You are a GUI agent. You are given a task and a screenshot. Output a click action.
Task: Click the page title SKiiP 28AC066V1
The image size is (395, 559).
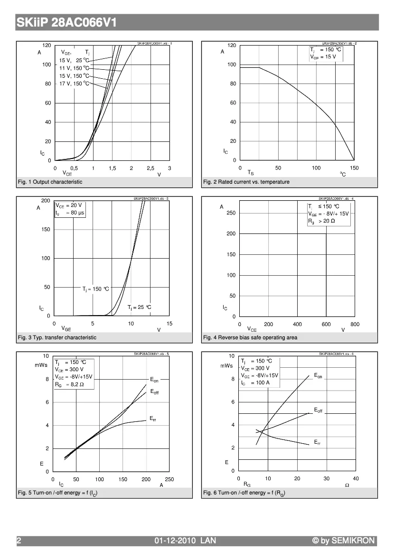(x=66, y=23)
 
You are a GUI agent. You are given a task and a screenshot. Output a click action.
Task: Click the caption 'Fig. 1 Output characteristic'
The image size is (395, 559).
(x=50, y=182)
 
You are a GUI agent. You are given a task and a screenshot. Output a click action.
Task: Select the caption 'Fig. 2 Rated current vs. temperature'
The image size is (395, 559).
(x=246, y=182)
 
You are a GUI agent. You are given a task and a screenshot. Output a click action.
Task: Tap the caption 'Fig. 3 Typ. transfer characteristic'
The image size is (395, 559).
(x=57, y=337)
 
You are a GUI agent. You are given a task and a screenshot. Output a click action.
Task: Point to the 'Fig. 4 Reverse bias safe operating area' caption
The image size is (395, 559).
(x=250, y=337)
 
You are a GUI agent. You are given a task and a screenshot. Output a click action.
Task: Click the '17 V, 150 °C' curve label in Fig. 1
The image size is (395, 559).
(x=74, y=84)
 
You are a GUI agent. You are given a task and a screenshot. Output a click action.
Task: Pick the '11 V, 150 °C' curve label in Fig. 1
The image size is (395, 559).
(x=74, y=68)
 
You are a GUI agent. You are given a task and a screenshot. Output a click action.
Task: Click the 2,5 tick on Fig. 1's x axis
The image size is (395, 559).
(x=150, y=168)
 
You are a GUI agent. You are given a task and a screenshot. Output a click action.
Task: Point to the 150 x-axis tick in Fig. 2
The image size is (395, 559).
(x=354, y=168)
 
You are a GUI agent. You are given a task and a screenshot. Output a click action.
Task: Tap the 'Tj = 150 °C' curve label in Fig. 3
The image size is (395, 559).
(x=95, y=289)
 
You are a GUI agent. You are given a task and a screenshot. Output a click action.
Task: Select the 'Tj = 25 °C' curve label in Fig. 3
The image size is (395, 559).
(x=139, y=307)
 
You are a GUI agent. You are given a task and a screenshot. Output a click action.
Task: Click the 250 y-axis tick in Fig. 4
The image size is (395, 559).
(x=231, y=213)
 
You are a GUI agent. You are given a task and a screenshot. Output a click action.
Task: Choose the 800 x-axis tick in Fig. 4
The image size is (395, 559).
(x=355, y=324)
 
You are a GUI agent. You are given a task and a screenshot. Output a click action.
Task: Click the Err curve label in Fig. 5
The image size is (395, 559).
(x=153, y=419)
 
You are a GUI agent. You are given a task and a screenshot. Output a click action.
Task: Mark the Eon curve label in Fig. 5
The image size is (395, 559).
(x=154, y=380)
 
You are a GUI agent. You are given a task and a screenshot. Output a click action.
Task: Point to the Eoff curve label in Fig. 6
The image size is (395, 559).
(x=318, y=410)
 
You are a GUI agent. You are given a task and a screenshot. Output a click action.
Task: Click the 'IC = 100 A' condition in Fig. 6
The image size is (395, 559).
(x=255, y=382)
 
